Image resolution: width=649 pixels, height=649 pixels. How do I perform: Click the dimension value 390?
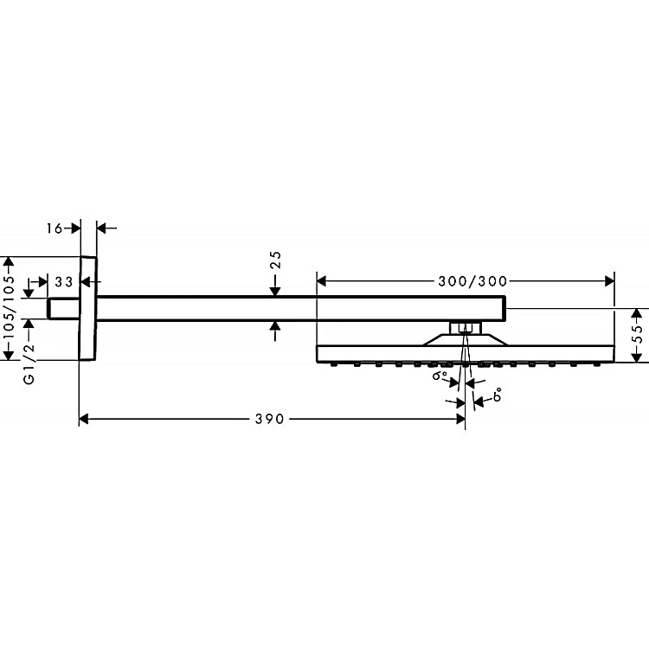click(x=269, y=419)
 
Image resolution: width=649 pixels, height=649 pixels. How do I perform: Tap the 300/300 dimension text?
click(x=472, y=281)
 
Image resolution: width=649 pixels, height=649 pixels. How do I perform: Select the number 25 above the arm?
click(x=276, y=260)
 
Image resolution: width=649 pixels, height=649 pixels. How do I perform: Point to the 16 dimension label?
click(x=54, y=228)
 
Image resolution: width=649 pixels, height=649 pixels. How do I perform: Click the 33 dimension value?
click(x=64, y=282)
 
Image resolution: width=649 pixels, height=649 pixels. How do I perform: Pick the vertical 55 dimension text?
click(x=639, y=334)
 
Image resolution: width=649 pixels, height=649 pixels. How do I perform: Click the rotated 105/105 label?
click(x=9, y=306)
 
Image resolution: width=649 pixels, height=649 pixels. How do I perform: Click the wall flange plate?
click(x=87, y=308)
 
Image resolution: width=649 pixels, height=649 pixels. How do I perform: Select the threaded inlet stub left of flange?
click(x=63, y=309)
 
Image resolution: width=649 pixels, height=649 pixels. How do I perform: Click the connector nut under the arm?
click(x=466, y=328)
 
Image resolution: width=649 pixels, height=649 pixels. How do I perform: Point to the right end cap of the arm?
click(x=504, y=308)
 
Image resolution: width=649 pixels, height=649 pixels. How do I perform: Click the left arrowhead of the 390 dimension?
click(x=84, y=420)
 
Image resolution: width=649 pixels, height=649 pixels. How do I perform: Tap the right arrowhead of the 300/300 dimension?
click(x=610, y=281)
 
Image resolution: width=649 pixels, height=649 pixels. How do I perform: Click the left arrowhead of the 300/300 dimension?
click(x=322, y=281)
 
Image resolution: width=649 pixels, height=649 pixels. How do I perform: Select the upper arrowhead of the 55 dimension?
click(x=636, y=313)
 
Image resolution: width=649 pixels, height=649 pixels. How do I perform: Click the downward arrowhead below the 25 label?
click(x=275, y=292)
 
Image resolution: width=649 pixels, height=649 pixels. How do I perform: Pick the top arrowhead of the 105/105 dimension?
click(x=10, y=261)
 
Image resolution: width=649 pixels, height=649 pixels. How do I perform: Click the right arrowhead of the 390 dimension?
click(x=460, y=420)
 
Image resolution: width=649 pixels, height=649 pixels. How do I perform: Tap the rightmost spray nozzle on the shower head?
click(x=596, y=364)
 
